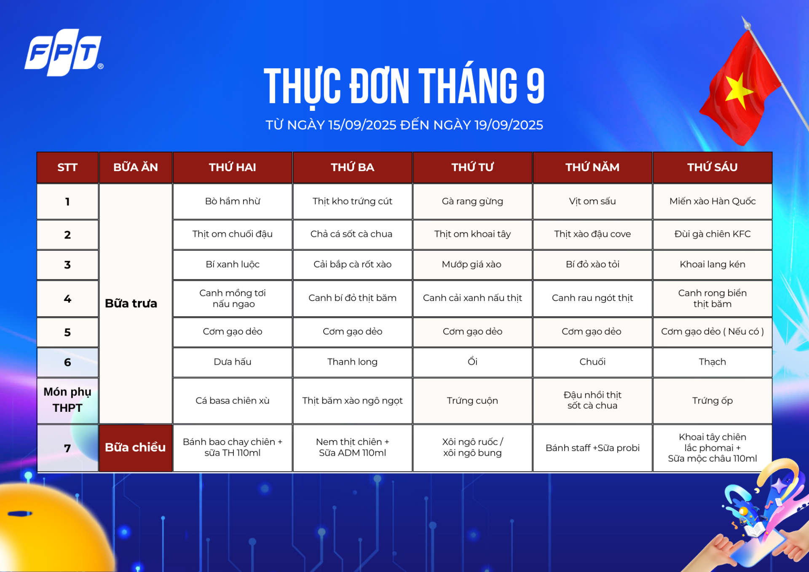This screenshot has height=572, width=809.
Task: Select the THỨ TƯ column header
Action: point(472,167)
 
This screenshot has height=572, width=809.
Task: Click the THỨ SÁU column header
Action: point(713,167)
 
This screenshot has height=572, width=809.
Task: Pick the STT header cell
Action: point(67,167)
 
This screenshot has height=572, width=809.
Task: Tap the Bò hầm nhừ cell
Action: point(233,201)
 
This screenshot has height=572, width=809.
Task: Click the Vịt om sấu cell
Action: point(592,201)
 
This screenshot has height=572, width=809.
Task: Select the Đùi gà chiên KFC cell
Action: point(713,234)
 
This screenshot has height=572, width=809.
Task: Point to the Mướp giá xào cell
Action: point(472,265)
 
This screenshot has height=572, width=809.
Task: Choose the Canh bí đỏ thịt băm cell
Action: point(352,298)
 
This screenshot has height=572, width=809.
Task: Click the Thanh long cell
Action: point(352,362)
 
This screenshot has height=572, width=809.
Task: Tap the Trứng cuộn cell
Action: point(472,400)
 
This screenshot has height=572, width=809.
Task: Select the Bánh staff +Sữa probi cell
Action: point(592,448)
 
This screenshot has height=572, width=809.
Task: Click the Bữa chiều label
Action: point(135,447)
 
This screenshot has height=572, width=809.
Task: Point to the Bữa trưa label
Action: point(131,303)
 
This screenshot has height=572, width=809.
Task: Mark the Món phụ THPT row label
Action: point(67,400)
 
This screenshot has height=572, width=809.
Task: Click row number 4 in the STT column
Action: point(67,299)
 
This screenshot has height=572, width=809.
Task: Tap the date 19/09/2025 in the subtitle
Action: point(509,125)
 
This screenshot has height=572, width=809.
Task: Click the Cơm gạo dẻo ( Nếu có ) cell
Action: point(713,332)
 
